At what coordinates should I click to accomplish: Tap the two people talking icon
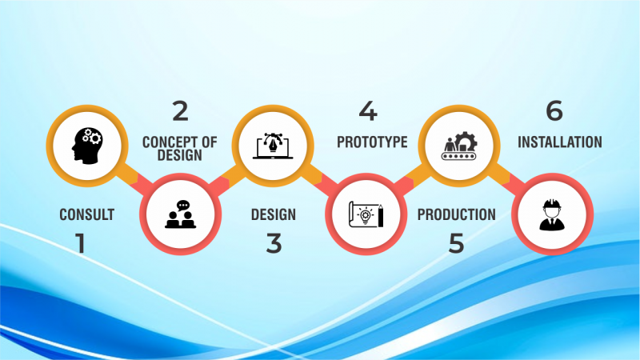coord(179,213)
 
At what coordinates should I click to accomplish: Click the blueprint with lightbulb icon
coord(366,213)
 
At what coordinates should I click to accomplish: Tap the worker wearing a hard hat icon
coord(551,213)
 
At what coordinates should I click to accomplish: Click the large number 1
coord(81,242)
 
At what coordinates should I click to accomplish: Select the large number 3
coord(274,242)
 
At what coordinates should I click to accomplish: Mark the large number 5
coord(456,242)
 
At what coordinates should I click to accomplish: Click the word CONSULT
coord(86,214)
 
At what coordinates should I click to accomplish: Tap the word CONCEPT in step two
coord(166,142)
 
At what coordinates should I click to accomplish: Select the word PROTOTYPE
coord(372,142)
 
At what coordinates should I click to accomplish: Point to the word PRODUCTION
coord(456,214)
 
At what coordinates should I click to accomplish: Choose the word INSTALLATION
coord(559,142)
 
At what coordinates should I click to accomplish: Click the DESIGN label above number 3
coord(273,214)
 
